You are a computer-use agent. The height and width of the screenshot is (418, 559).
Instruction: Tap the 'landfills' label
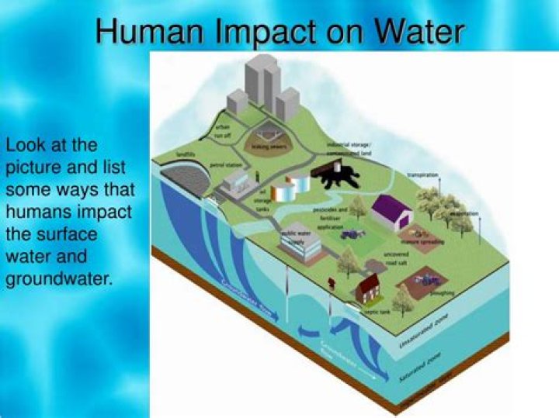click(186, 155)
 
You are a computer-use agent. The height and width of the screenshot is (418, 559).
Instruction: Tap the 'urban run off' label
click(224, 128)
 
